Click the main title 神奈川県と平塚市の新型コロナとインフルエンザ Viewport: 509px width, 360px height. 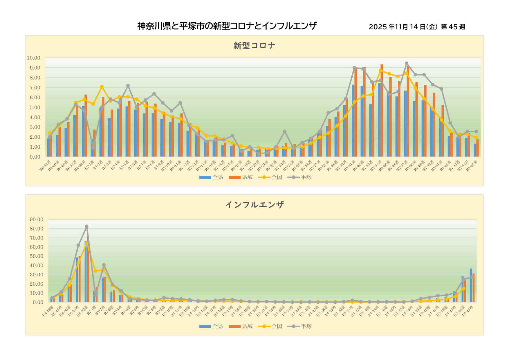pyautogui.click(x=227, y=26)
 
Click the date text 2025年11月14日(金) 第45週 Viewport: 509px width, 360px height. pyautogui.click(x=417, y=27)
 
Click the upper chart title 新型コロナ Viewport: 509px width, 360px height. pyautogui.click(x=254, y=46)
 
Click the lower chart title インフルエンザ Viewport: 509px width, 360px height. pyautogui.click(x=254, y=205)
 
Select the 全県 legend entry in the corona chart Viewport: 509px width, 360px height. pyautogui.click(x=211, y=177)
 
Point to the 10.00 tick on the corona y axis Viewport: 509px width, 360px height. pyautogui.click(x=33, y=58)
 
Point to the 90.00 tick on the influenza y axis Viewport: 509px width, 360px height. pyautogui.click(x=36, y=219)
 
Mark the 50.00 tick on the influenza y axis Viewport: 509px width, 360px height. pyautogui.click(x=36, y=256)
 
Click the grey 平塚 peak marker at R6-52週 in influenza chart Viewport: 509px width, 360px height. pyautogui.click(x=86, y=226)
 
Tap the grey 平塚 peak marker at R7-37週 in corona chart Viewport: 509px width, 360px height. pyautogui.click(x=407, y=63)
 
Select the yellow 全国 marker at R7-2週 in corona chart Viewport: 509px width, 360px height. pyautogui.click(x=102, y=87)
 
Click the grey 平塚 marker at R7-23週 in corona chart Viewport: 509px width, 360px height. pyautogui.click(x=285, y=132)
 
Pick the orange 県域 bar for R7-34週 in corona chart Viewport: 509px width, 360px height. pyautogui.click(x=382, y=110)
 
